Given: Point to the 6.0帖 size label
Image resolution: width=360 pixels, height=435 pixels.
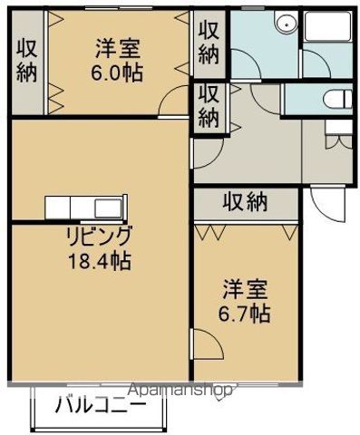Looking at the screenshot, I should click(x=117, y=73).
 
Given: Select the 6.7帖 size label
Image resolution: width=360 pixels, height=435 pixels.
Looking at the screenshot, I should click(x=247, y=314).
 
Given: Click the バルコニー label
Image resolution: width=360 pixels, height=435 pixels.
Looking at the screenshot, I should click(x=99, y=405).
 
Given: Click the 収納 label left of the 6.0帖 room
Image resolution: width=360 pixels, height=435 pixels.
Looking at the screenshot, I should click(x=25, y=61).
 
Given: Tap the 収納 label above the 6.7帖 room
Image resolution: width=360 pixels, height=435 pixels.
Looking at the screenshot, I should click(x=244, y=202).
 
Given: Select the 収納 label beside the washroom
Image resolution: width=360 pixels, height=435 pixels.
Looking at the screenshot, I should click(x=209, y=42).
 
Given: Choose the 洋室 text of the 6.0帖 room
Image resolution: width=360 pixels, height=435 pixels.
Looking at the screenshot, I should click(x=117, y=50).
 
